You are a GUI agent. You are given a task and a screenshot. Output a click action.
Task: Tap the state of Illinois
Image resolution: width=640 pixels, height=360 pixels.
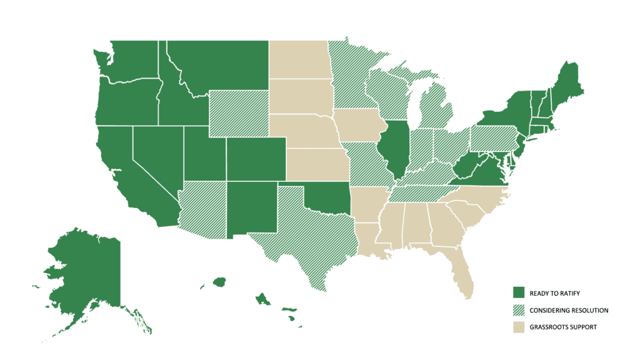396,147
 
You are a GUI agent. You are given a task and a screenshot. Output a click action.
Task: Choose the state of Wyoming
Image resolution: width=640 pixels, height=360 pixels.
238,112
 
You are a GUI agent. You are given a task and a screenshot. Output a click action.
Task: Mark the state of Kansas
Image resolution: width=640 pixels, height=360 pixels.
316,163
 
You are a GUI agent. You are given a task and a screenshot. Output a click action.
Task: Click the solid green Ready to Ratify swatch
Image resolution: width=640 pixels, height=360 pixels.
518,293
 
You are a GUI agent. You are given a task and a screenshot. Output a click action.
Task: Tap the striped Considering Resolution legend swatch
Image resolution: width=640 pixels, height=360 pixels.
518,310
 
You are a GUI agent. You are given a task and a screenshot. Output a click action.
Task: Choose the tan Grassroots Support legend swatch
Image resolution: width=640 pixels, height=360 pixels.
518,327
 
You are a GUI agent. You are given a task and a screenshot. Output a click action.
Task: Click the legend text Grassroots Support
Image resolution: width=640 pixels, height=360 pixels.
563,327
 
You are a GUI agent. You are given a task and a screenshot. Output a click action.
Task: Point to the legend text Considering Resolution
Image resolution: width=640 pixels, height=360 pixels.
569,310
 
